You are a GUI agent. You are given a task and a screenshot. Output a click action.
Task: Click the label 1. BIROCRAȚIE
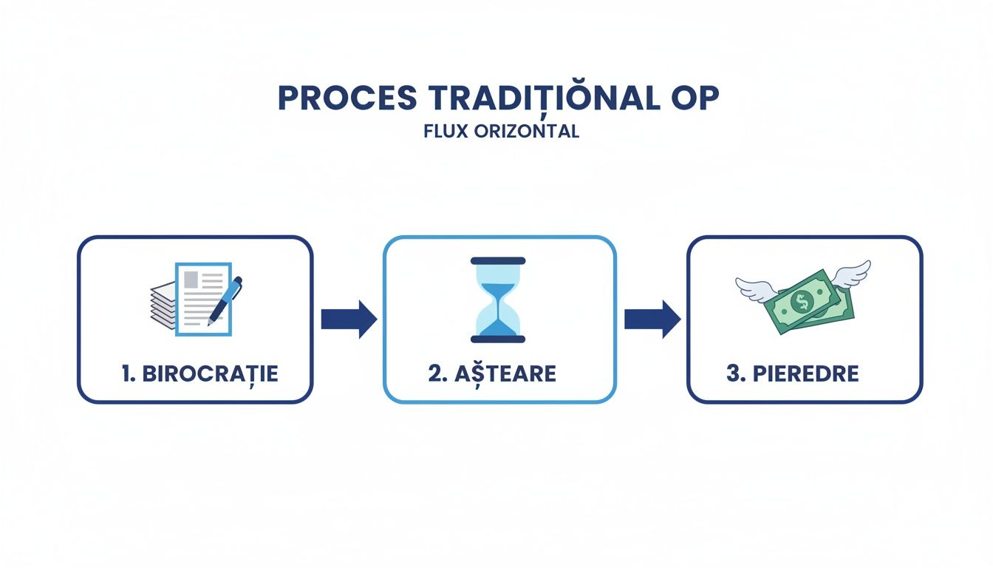pyautogui.click(x=200, y=373)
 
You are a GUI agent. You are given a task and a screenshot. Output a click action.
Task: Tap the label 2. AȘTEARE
pyautogui.click(x=492, y=373)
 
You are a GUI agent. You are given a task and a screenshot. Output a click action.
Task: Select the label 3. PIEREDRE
pyautogui.click(x=793, y=373)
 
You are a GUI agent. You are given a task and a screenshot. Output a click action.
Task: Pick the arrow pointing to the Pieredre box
pyautogui.click(x=652, y=319)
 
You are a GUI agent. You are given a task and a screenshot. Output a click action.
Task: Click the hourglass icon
pyautogui.click(x=497, y=300)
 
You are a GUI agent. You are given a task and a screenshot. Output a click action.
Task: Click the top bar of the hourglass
pyautogui.click(x=497, y=261)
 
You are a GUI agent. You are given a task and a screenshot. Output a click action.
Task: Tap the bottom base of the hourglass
pyautogui.click(x=497, y=339)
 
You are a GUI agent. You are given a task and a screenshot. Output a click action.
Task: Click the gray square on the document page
pyautogui.click(x=191, y=279)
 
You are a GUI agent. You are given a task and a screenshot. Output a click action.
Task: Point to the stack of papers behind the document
pyautogui.click(x=161, y=305)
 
